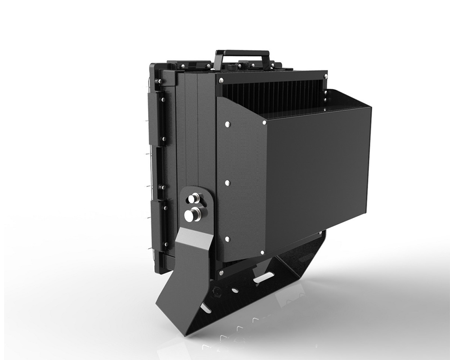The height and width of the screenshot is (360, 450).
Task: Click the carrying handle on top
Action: [x=242, y=54]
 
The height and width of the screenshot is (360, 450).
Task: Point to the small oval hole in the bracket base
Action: [x=235, y=290]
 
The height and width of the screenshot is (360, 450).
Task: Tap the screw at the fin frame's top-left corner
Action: [x=220, y=80]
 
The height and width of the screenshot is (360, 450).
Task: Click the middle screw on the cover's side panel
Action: [x=227, y=183]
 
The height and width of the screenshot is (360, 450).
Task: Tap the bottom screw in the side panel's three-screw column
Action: [x=227, y=239]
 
